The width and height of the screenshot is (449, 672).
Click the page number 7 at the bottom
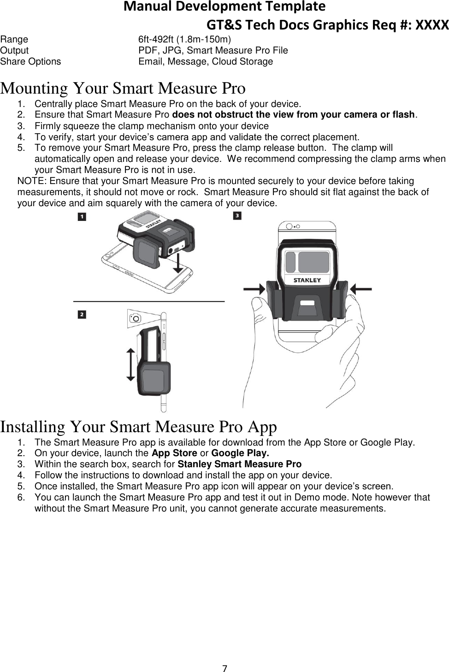(x=224, y=668)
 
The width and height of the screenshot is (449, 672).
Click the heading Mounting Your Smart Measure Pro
(x=123, y=88)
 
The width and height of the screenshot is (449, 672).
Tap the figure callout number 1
(x=82, y=216)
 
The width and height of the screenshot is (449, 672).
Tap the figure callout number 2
(x=82, y=315)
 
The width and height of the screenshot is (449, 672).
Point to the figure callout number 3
(x=237, y=215)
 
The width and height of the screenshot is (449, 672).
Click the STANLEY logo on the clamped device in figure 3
(x=307, y=280)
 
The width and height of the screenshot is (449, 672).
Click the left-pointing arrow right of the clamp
(x=361, y=289)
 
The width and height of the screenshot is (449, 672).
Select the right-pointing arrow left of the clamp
(x=254, y=289)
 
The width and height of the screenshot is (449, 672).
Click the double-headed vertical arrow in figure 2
(x=130, y=364)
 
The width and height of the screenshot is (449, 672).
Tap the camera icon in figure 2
(x=135, y=318)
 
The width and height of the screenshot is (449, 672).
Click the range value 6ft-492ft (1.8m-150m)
(x=185, y=39)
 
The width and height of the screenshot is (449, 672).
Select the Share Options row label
(x=30, y=61)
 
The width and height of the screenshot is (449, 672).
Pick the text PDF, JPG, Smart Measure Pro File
(x=213, y=50)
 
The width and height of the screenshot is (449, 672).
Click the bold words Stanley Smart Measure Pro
(x=239, y=464)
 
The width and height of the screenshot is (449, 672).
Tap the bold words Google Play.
(x=240, y=453)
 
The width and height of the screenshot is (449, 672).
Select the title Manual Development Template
(x=224, y=6)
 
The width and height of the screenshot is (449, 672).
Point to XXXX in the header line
(x=432, y=24)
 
